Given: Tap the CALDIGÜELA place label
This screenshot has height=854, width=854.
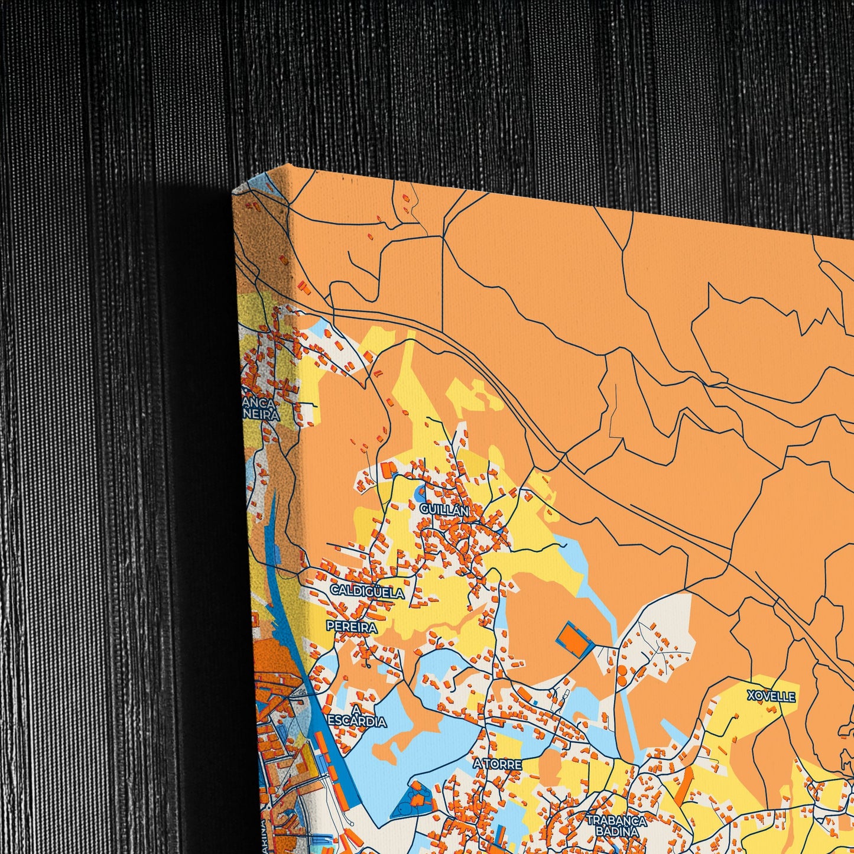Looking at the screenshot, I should [367, 592].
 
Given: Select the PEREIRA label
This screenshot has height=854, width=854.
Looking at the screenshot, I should [352, 626].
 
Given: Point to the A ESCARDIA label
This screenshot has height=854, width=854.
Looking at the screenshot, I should [357, 716].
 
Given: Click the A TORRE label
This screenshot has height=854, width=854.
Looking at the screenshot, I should [498, 764].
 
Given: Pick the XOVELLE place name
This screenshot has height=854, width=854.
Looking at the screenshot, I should [771, 696].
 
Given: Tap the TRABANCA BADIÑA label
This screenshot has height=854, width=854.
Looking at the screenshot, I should [616, 826].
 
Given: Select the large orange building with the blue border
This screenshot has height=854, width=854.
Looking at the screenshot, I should [574, 640].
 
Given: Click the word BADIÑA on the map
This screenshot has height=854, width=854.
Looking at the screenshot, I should [616, 832].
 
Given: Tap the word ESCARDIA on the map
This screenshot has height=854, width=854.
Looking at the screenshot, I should [357, 722].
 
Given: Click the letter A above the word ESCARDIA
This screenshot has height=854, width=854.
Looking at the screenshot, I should [356, 709].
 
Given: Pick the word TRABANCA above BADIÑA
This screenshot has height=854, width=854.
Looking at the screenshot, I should [616, 820].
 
